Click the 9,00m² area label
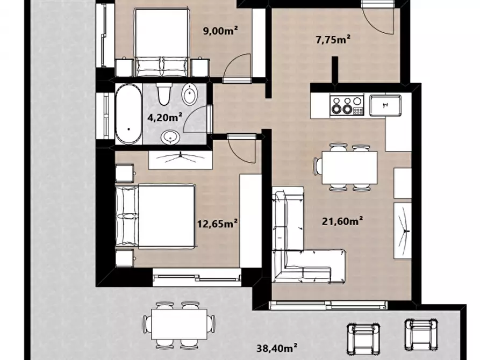tap(220, 31)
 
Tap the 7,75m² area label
tap(333, 39)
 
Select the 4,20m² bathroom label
tap(165, 117)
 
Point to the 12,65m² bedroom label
tap(217, 224)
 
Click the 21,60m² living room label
tap(342, 221)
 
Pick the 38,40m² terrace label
tap(277, 348)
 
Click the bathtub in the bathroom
tap(128, 114)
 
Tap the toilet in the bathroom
tap(164, 93)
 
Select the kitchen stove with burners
tap(347, 105)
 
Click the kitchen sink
tap(385, 105)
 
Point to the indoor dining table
tap(349, 168)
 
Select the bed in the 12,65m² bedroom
tap(155, 216)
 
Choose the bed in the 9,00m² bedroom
tap(161, 43)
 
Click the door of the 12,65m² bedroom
tap(242, 149)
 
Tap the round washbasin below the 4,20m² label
tap(170, 137)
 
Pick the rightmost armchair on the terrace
tap(421, 335)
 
